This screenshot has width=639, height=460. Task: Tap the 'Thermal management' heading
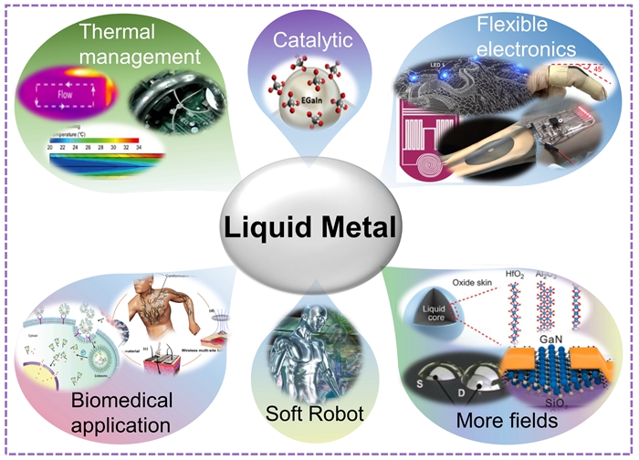pos(139,45)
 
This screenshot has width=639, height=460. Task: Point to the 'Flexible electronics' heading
pos(526,34)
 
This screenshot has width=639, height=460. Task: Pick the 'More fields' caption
pos(508,423)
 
